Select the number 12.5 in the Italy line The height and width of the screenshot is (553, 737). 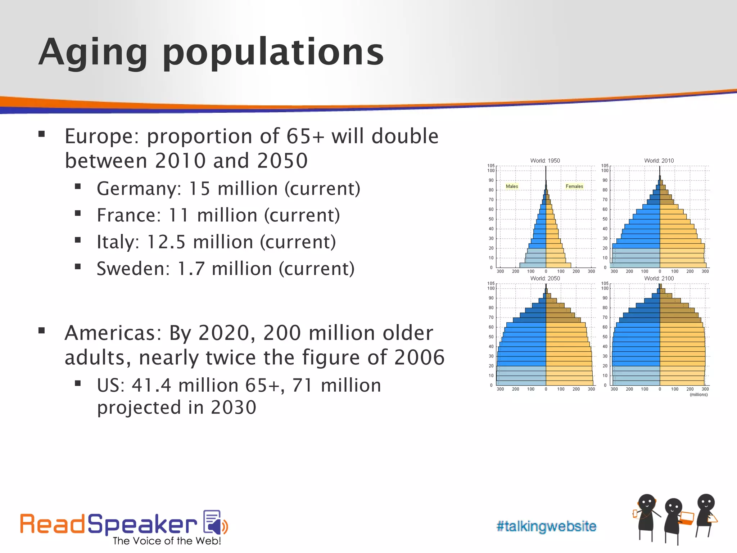(x=166, y=242)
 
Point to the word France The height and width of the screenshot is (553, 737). (x=128, y=215)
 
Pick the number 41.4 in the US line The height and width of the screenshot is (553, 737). (x=152, y=385)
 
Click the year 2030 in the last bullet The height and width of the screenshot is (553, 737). (x=233, y=408)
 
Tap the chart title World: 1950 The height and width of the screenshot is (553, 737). (x=545, y=161)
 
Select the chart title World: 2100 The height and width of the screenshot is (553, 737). (x=659, y=278)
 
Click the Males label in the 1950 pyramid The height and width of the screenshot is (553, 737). (x=512, y=186)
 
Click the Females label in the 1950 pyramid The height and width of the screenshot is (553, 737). (x=574, y=186)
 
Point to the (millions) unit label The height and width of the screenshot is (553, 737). (x=698, y=395)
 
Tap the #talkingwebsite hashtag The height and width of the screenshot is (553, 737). (x=546, y=526)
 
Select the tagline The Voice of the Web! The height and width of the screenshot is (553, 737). (x=167, y=541)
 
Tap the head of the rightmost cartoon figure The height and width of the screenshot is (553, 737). (x=706, y=502)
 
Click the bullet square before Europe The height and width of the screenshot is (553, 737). (x=42, y=134)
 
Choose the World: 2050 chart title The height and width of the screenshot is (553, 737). (x=545, y=278)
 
